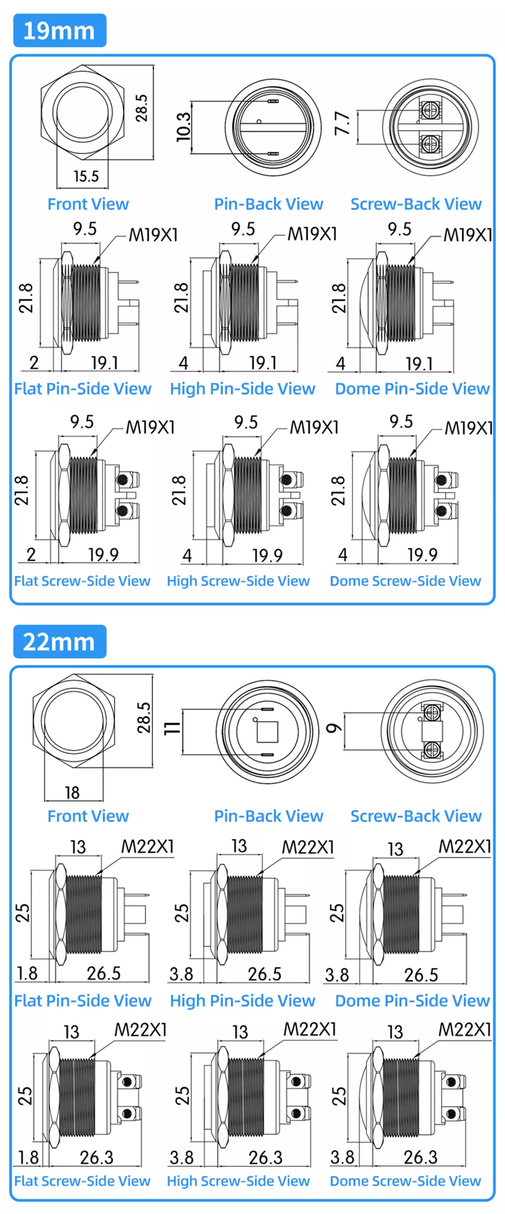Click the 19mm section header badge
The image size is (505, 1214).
click(60, 30)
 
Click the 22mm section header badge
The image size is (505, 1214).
click(60, 642)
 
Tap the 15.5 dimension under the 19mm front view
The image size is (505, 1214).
click(86, 177)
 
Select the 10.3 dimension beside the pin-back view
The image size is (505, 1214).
click(183, 127)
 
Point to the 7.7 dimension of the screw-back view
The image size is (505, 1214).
click(343, 124)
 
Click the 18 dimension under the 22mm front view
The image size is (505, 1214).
click(72, 793)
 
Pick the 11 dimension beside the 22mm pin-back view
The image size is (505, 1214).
click(172, 728)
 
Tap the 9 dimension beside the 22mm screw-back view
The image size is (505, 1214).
click(334, 728)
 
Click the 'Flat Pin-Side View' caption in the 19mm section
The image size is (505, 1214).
click(83, 389)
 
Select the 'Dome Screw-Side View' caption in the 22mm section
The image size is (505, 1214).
click(406, 1181)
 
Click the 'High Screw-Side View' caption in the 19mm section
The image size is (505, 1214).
click(239, 581)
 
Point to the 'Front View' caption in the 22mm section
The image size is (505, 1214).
click(88, 816)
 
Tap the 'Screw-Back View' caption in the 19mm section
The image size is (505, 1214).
click(416, 204)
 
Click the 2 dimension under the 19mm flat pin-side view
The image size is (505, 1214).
click(34, 363)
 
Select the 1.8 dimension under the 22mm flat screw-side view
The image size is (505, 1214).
click(28, 1157)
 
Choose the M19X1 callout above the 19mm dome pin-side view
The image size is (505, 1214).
click(468, 235)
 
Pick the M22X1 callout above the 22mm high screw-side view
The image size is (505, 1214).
click(310, 1029)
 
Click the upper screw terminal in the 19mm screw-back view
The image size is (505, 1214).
click(427, 109)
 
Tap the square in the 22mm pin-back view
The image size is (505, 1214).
click(267, 732)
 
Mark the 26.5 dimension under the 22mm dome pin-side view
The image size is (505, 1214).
click(421, 975)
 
